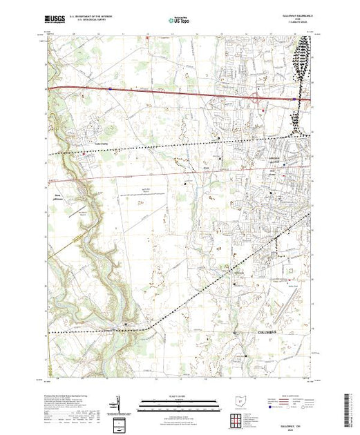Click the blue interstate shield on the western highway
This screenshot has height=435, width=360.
point(110,88)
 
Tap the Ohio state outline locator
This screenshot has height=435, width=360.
point(239,401)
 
